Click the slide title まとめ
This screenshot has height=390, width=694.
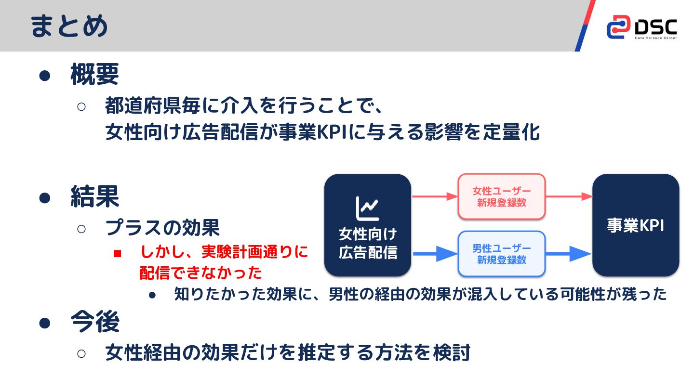click(x=69, y=26)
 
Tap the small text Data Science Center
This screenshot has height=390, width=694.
click(x=655, y=38)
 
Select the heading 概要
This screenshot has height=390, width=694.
click(x=94, y=75)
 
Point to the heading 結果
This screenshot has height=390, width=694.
click(x=94, y=196)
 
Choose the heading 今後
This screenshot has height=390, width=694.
click(x=94, y=322)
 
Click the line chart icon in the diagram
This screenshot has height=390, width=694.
click(x=367, y=207)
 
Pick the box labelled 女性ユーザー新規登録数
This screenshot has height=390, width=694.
click(x=501, y=196)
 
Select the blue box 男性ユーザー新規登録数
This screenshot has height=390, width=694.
click(x=501, y=254)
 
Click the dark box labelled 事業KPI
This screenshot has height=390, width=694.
click(x=635, y=225)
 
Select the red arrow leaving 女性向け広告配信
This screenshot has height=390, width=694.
click(x=434, y=196)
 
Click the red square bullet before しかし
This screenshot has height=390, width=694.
click(x=117, y=253)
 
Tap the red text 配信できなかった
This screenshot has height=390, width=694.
click(x=200, y=273)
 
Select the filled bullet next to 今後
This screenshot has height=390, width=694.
click(x=45, y=322)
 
